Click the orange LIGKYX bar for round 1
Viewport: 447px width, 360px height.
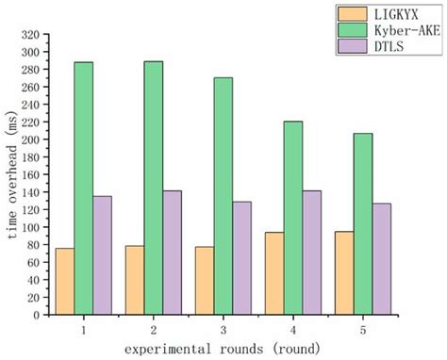tap(64, 281)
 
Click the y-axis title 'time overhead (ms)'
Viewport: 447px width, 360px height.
tap(11, 175)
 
